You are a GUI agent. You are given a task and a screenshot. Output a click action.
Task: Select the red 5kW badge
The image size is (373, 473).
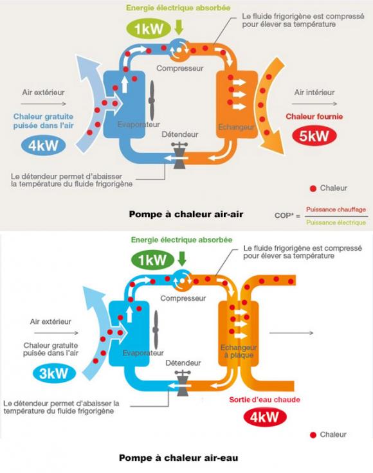(x=311, y=136)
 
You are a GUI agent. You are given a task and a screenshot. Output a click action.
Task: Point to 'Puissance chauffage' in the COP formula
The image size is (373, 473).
(x=336, y=210)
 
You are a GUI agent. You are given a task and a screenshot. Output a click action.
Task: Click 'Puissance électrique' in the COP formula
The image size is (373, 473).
(x=336, y=222)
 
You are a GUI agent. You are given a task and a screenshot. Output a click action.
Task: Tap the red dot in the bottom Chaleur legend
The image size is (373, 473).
(x=313, y=435)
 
